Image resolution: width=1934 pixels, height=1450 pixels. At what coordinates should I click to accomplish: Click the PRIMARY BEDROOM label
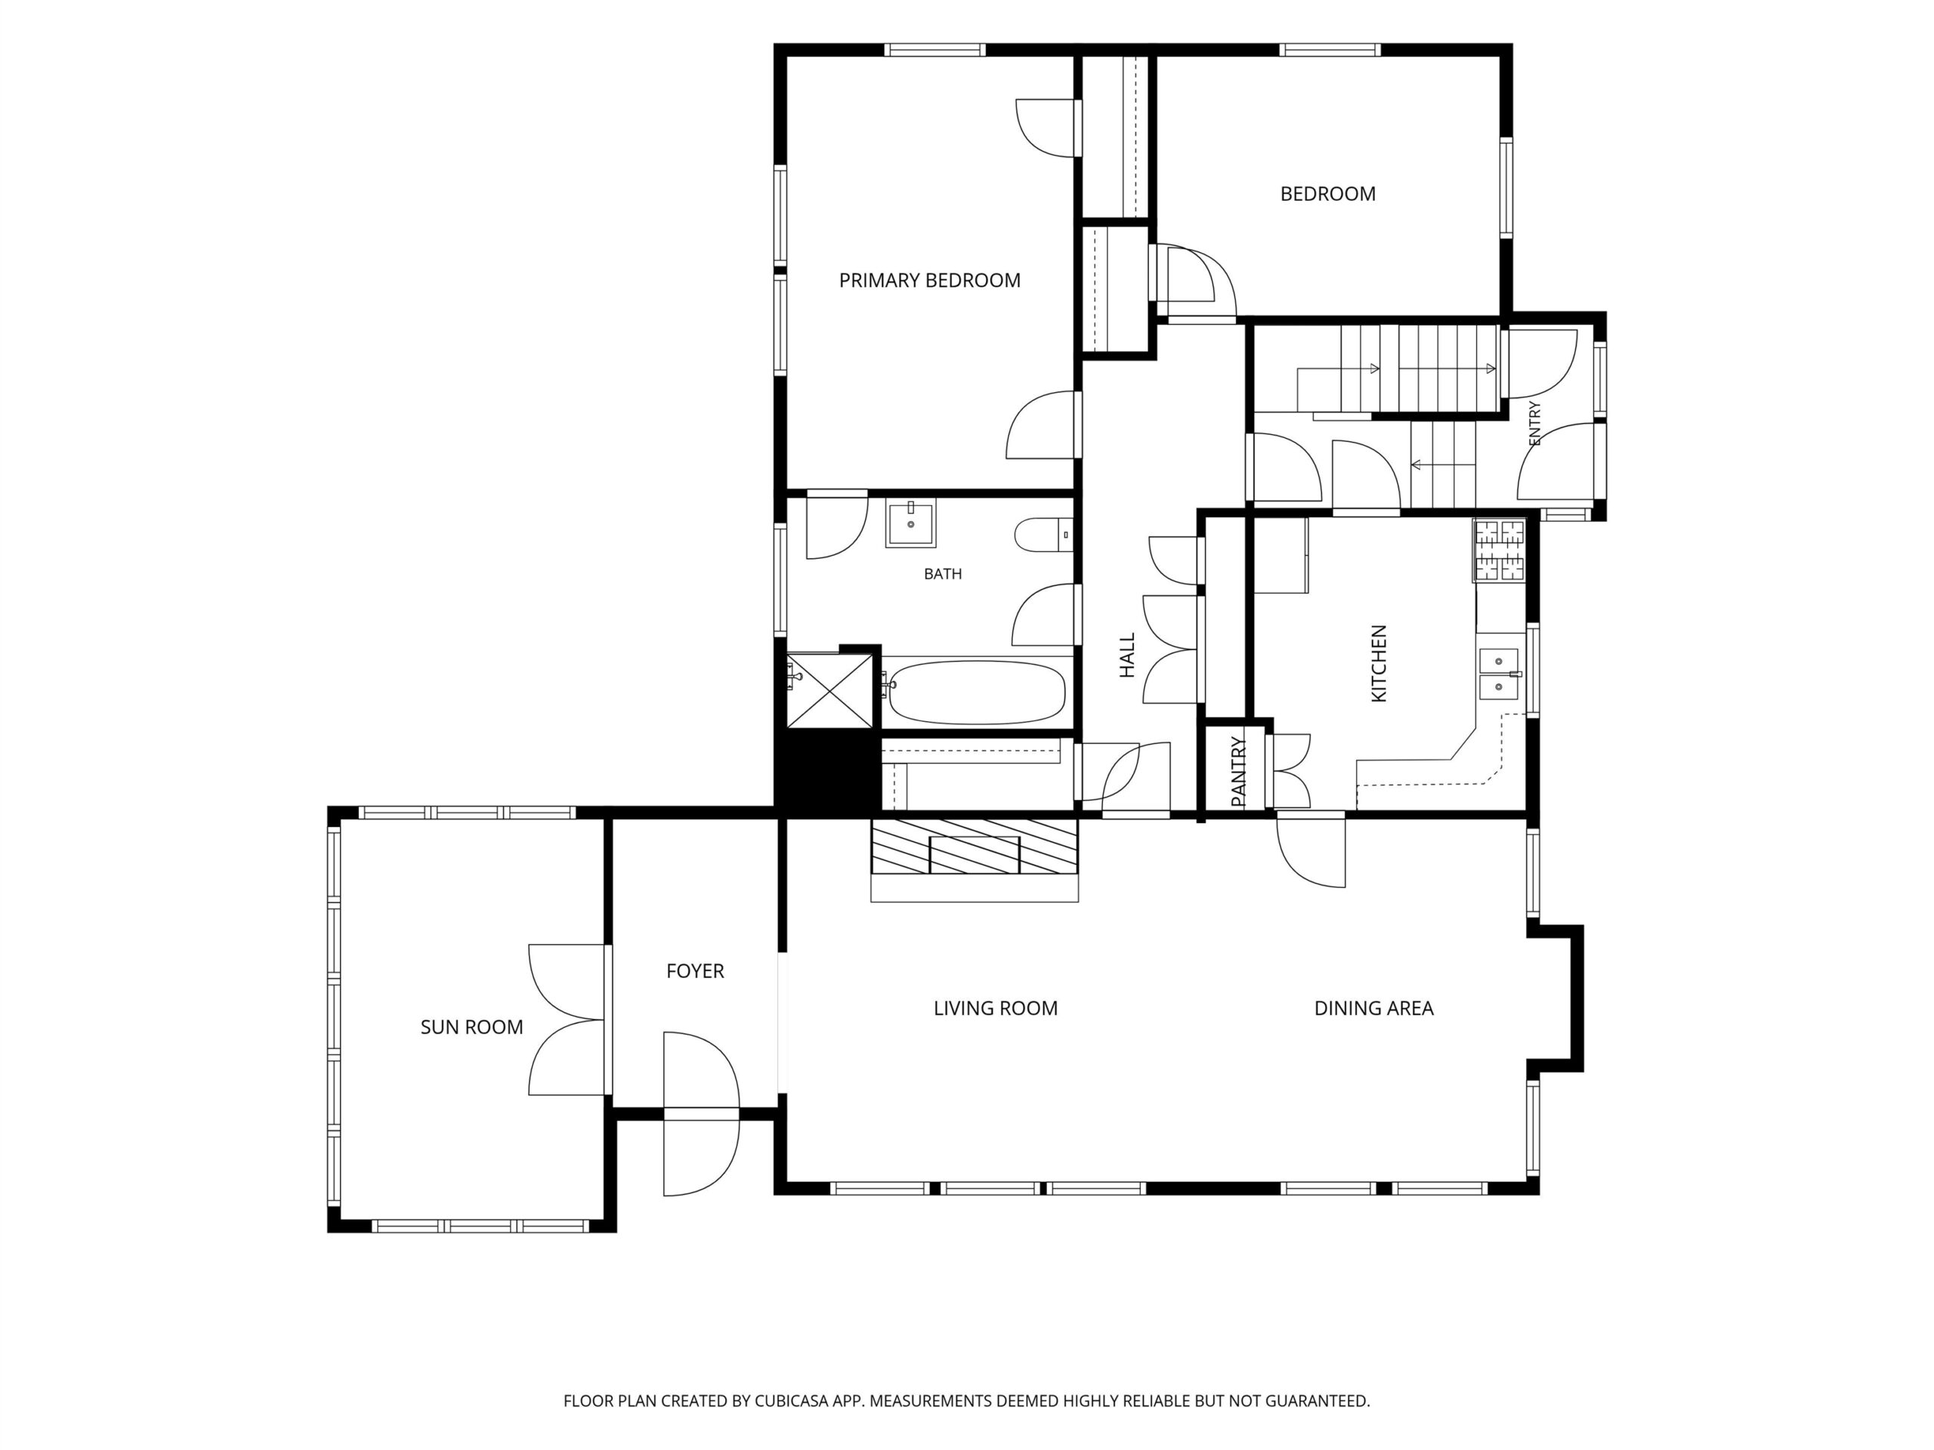(x=929, y=281)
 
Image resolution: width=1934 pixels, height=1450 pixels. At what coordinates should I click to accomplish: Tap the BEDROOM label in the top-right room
(x=1327, y=194)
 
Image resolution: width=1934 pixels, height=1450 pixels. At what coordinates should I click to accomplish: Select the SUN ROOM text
(x=471, y=1027)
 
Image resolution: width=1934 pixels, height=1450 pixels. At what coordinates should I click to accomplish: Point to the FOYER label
(x=695, y=971)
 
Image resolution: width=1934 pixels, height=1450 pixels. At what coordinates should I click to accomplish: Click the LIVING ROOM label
(x=995, y=1007)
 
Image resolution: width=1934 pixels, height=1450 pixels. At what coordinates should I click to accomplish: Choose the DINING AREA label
(x=1373, y=1007)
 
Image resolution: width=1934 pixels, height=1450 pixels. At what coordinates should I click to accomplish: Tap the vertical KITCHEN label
(x=1379, y=662)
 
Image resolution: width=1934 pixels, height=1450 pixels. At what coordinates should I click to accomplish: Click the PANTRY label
(x=1238, y=772)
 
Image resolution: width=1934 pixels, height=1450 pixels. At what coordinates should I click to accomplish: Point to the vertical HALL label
(x=1127, y=656)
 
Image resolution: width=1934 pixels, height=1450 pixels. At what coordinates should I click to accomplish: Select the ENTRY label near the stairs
(x=1534, y=423)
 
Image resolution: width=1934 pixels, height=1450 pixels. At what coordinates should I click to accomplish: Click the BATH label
(x=943, y=574)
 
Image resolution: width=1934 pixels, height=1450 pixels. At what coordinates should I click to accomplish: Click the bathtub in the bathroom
(x=975, y=693)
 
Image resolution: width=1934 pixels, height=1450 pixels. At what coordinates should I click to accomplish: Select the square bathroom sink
(x=910, y=523)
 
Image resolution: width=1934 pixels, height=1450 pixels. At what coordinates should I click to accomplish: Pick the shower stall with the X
(x=830, y=690)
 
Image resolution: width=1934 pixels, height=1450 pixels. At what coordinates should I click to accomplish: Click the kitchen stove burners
(x=1500, y=551)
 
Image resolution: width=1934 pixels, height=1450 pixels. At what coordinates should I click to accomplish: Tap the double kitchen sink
(x=1499, y=674)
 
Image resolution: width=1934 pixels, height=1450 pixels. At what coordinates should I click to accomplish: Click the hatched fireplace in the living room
(x=975, y=846)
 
